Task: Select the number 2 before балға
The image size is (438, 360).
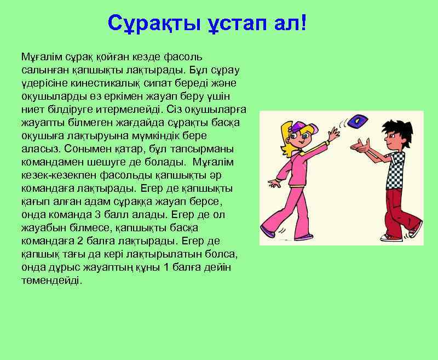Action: point(73,241)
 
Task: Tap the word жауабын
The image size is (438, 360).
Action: point(42,228)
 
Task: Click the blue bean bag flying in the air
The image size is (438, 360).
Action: point(360,121)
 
